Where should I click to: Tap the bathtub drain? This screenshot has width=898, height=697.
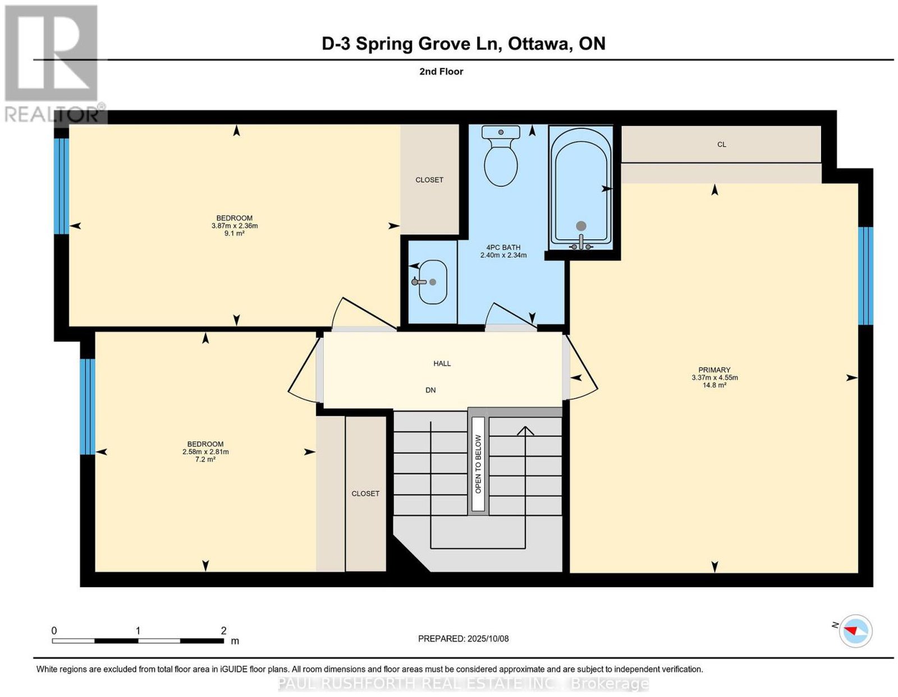(x=581, y=226)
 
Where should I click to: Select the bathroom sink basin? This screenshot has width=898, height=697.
(x=432, y=282)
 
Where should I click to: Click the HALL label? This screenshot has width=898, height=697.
(x=442, y=363)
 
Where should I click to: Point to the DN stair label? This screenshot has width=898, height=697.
(x=430, y=390)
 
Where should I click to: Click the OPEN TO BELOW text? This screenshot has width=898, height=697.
(x=478, y=464)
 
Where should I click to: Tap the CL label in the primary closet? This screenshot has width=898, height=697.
(x=722, y=145)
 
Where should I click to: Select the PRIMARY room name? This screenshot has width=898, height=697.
(x=714, y=370)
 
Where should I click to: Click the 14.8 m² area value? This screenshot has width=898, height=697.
(x=714, y=385)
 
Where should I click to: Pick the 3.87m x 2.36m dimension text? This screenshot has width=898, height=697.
(x=235, y=226)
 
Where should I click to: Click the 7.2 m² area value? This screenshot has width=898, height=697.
(x=205, y=459)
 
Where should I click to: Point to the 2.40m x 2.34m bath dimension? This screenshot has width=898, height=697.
(x=503, y=255)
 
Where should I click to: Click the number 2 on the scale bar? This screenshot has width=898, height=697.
(x=223, y=630)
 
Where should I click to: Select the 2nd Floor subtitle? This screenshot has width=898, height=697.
(x=441, y=71)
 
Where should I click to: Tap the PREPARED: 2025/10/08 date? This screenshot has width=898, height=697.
(x=463, y=638)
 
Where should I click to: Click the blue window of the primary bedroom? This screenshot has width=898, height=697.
(x=865, y=276)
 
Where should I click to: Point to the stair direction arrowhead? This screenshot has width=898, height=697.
(x=525, y=431)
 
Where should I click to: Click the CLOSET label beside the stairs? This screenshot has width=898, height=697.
(x=365, y=493)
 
